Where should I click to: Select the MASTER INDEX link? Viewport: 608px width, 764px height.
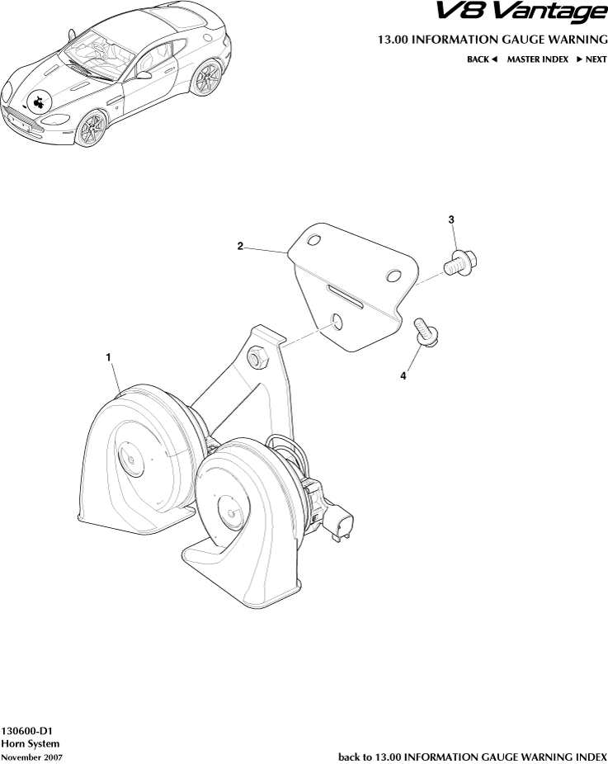pyautogui.click(x=537, y=59)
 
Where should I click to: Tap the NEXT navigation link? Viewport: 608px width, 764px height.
pyautogui.click(x=592, y=59)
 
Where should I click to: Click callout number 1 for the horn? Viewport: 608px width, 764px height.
pyautogui.click(x=108, y=356)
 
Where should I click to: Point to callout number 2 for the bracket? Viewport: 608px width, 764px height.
pyautogui.click(x=239, y=246)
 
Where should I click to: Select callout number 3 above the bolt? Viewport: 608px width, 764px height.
pyautogui.click(x=451, y=219)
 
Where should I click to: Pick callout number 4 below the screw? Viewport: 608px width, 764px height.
pyautogui.click(x=403, y=376)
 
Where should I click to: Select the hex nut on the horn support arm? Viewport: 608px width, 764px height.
pyautogui.click(x=257, y=358)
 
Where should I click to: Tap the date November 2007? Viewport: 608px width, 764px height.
pyautogui.click(x=31, y=757)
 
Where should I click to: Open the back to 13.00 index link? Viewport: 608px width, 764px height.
pyautogui.click(x=473, y=756)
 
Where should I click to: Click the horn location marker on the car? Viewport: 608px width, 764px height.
pyautogui.click(x=38, y=101)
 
